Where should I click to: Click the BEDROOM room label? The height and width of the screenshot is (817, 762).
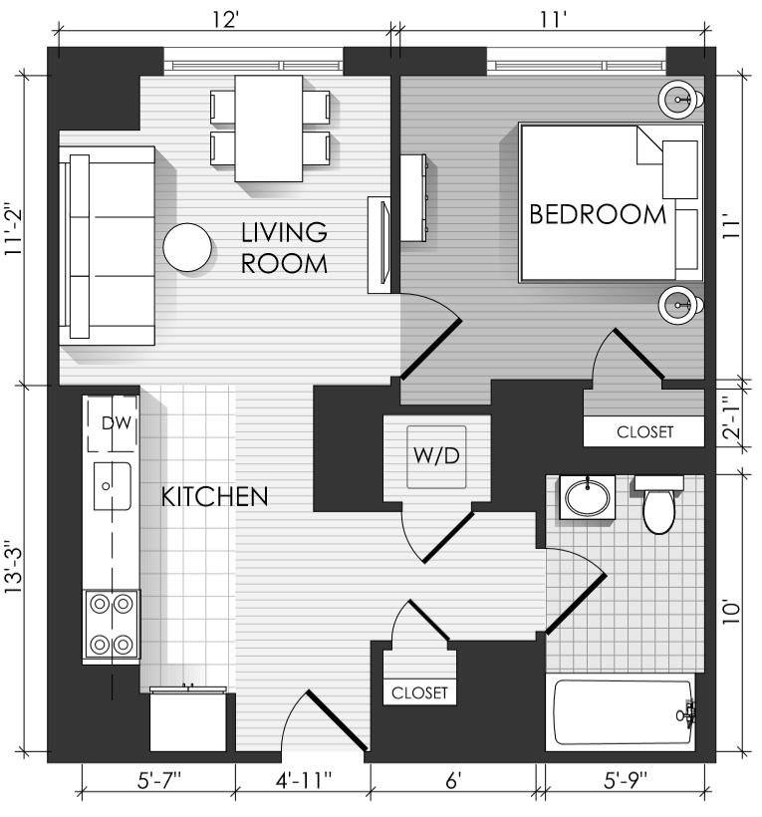pos(598,214)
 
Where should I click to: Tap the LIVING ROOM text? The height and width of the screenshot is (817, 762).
pos(285,248)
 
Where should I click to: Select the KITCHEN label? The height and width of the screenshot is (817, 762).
pos(214,497)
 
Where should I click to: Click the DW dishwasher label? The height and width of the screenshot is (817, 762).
pos(117,423)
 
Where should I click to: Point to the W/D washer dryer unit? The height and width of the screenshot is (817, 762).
pos(436,457)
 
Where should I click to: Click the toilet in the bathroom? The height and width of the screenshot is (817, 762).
pos(658,504)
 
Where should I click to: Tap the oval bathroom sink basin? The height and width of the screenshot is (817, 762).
pos(588,496)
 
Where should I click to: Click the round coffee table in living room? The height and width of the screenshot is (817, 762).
pos(187,247)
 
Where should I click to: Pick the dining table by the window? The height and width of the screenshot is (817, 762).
pos(269,129)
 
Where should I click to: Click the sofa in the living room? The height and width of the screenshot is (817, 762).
pos(108,246)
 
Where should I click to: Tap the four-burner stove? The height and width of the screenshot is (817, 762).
pos(112,625)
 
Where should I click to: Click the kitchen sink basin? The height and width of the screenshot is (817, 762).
pos(112,486)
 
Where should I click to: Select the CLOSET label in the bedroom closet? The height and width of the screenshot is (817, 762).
pos(644,432)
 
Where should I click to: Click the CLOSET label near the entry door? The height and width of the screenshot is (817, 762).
pos(419,693)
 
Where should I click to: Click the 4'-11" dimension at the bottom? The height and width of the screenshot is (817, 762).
pos(303,780)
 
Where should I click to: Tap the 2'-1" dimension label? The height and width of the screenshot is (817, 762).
pos(732,416)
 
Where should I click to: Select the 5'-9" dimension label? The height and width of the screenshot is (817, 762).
pos(625,780)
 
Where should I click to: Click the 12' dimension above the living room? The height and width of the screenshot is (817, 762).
pos(225,20)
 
